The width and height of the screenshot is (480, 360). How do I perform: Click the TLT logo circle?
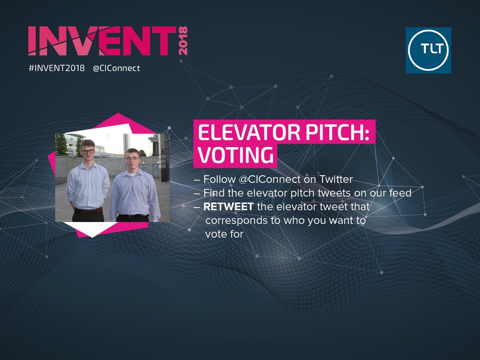[x=428, y=50]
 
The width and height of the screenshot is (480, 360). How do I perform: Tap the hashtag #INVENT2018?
[x=56, y=68]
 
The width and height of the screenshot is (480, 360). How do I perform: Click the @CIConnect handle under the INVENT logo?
[x=116, y=68]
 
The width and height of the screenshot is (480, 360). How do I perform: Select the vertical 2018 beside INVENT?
[x=183, y=41]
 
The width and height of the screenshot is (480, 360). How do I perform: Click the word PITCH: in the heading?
[x=346, y=134]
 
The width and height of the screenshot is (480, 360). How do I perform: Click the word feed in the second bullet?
[x=401, y=193]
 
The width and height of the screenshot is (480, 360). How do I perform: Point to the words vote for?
[x=224, y=234]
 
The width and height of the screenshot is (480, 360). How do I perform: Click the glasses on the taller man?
[x=88, y=152]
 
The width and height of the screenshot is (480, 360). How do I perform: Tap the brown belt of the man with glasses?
[x=89, y=211]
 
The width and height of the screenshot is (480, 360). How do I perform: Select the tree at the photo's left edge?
[x=62, y=145]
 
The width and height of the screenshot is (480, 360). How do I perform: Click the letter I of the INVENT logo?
[x=34, y=41]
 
